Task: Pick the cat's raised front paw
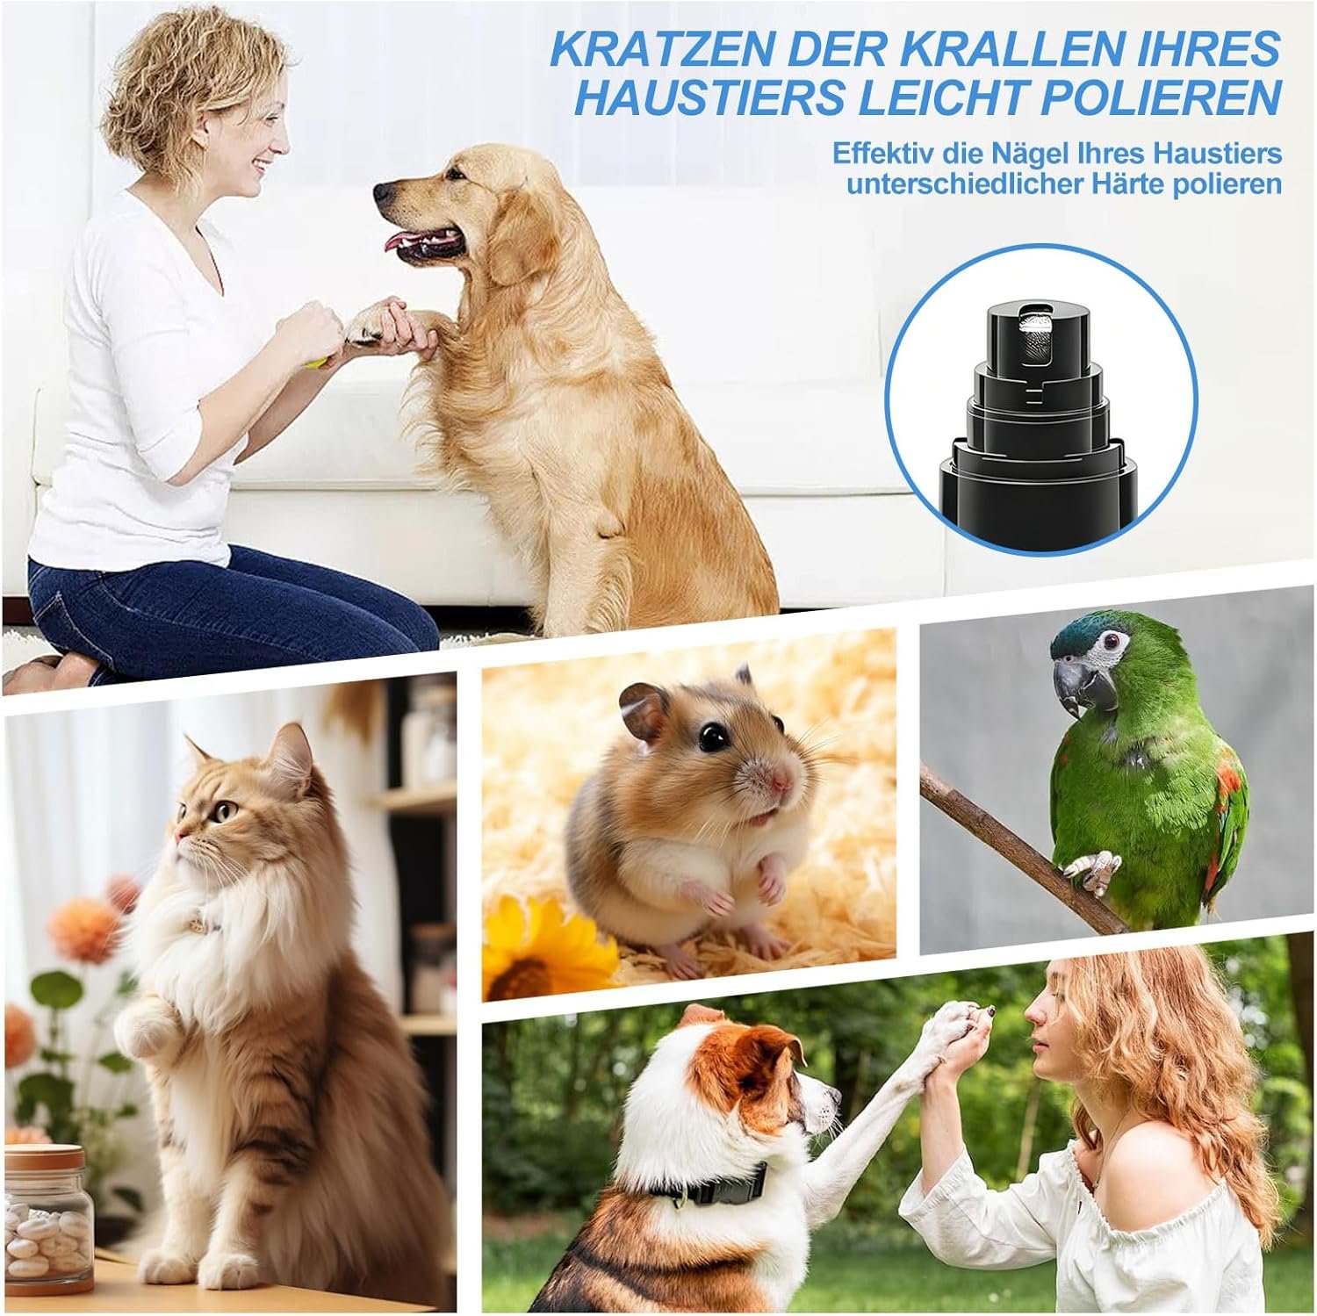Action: click(144, 1027)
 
